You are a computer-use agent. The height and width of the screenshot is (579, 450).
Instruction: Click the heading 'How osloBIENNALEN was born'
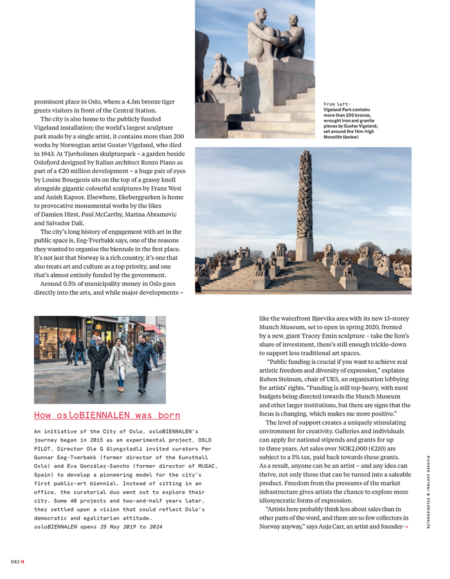coord(107,415)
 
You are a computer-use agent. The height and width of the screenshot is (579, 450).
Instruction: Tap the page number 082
coord(15,562)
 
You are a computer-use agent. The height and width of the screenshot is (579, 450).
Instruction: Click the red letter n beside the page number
coord(22,562)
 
